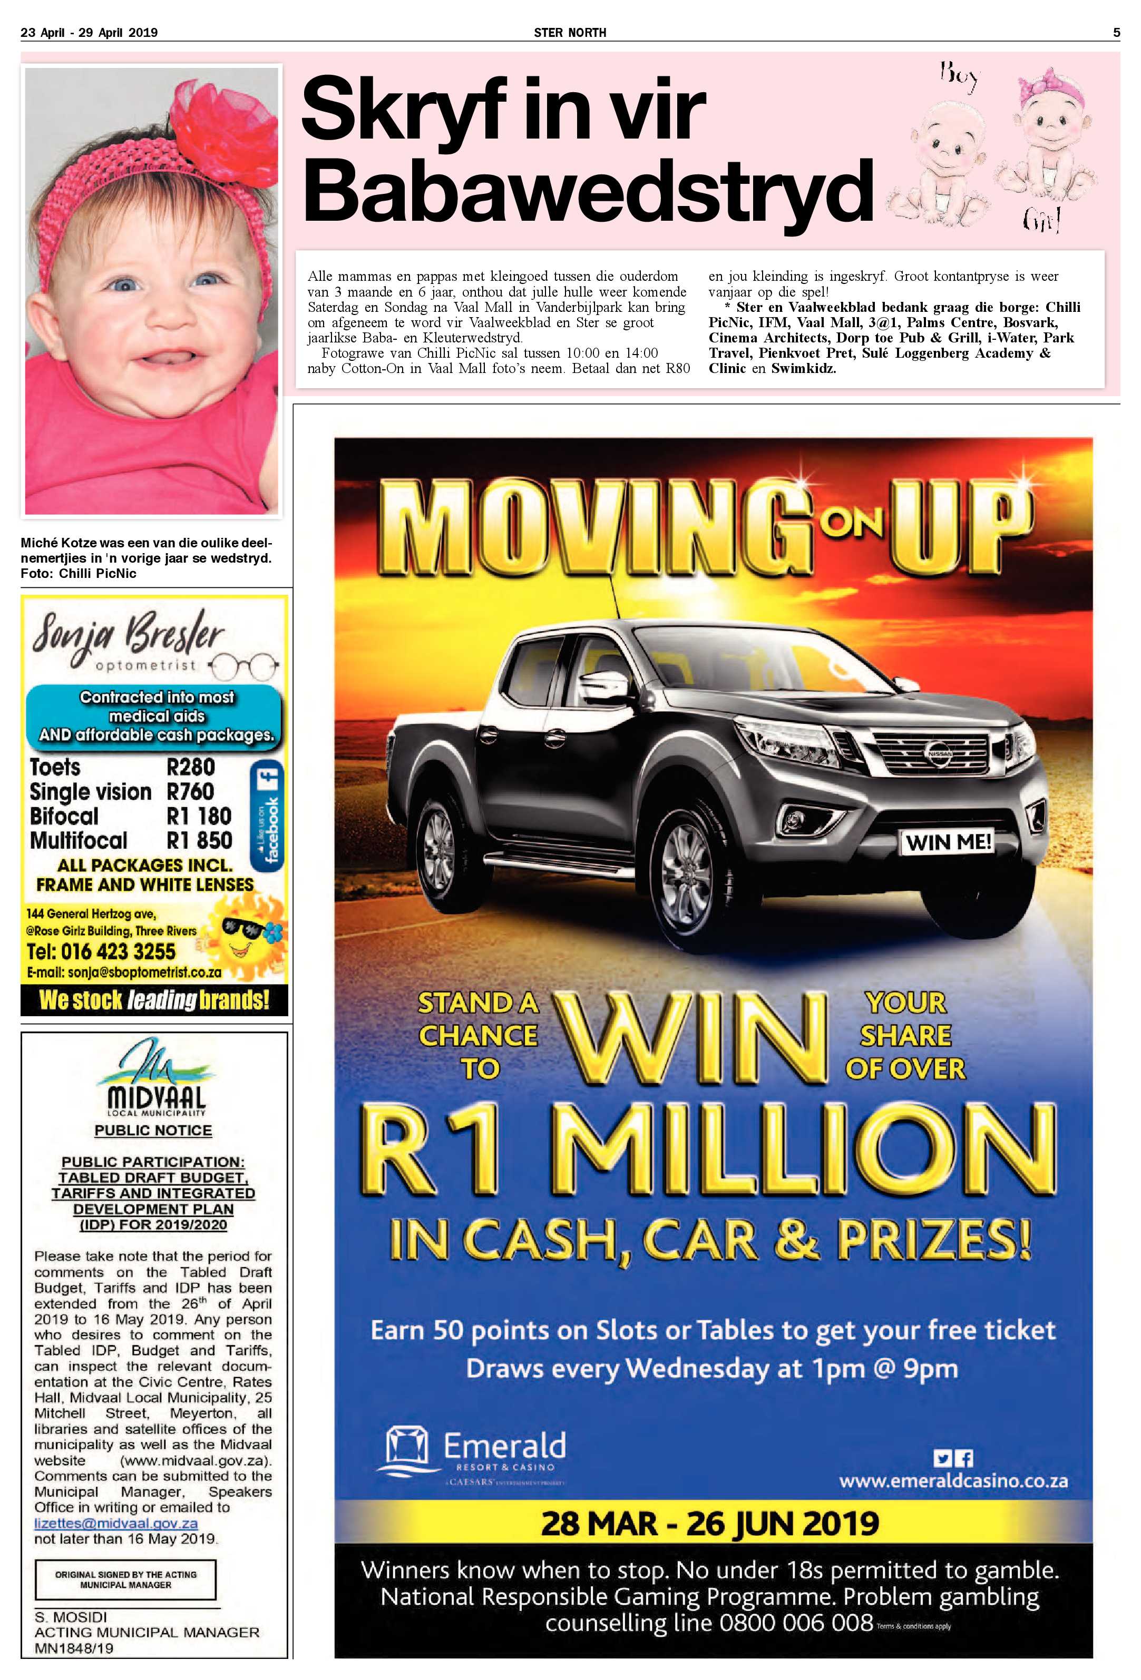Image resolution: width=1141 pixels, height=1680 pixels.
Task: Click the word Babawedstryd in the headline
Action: pos(587,190)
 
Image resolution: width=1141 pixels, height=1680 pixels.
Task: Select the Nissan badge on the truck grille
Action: pos(941,752)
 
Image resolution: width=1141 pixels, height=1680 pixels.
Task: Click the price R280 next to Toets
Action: pos(190,767)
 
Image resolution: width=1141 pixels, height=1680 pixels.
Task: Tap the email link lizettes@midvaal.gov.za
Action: pos(116,1522)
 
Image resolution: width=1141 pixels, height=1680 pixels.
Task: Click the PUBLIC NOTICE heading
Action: pos(153,1131)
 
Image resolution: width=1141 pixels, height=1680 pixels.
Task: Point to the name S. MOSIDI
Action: pos(71,1616)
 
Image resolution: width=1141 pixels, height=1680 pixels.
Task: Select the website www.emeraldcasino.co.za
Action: pos(953,1480)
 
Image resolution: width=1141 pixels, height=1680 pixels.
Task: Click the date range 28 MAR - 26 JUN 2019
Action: pos(709,1523)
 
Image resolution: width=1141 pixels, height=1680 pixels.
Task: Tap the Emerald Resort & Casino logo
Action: pos(476,1452)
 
